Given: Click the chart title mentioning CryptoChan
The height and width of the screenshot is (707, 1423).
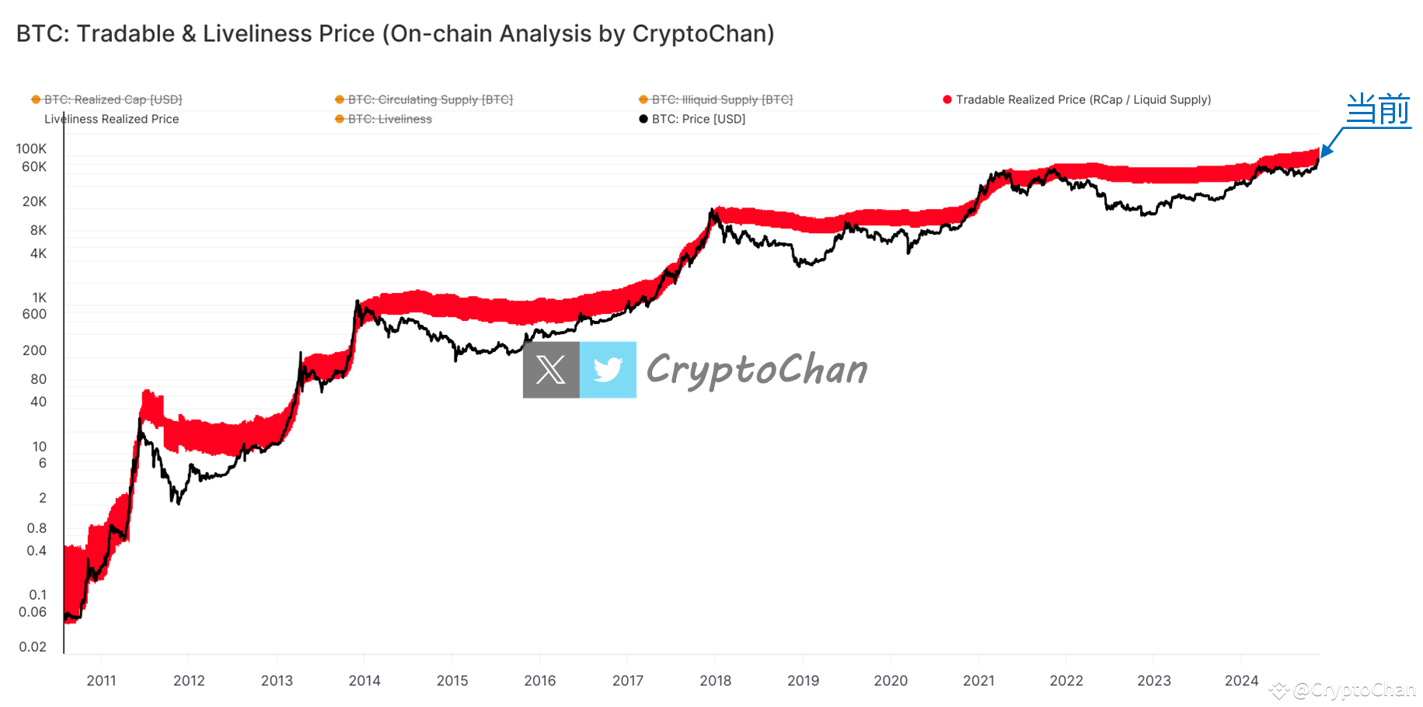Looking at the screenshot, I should point(395,34).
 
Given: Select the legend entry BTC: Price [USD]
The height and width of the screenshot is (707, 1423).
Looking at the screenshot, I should point(698,119).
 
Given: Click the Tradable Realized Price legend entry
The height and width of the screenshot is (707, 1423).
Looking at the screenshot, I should point(1083,99).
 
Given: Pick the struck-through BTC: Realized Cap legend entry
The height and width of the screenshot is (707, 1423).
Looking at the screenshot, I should point(113,99).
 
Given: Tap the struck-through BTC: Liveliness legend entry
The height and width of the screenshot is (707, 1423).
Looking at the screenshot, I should point(389,119).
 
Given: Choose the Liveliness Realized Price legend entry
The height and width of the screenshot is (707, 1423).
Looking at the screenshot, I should point(111,119).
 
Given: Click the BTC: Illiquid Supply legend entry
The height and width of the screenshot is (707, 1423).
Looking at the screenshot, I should point(722,99).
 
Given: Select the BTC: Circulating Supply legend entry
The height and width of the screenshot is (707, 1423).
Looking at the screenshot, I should point(430,99).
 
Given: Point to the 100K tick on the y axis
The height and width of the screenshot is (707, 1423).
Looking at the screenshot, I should point(31,148).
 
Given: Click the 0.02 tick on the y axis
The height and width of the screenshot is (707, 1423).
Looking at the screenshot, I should point(33,646).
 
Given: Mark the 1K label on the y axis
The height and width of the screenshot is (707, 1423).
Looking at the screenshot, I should point(39,298).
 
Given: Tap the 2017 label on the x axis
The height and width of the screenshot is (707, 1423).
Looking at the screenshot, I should point(627,681).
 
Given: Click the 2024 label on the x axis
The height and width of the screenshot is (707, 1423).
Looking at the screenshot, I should point(1241,681).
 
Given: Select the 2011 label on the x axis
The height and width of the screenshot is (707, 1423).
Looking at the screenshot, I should point(101,681).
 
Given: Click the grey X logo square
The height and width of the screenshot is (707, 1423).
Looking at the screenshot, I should point(551,370).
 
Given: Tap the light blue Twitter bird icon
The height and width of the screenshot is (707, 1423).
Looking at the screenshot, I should point(608,370).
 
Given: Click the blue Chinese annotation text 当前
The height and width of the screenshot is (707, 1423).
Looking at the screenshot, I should point(1378,109).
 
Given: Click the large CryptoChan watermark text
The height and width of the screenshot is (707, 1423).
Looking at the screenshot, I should point(757,370).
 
